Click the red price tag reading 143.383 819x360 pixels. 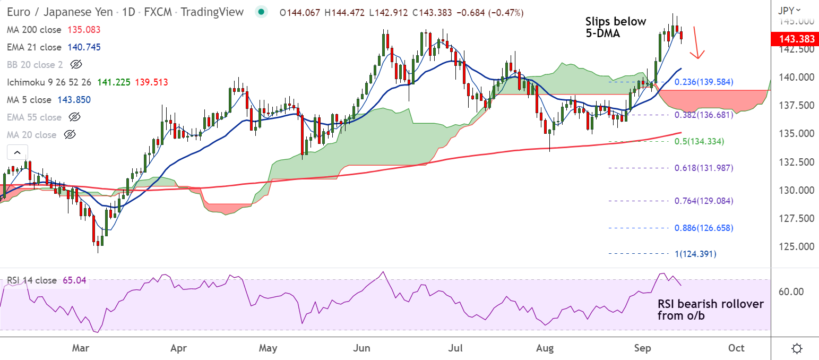click(794, 39)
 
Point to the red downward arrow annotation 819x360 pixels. click(697, 43)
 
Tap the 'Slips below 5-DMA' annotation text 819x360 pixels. click(616, 28)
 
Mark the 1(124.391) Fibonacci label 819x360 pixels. click(695, 254)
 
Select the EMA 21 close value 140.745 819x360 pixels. click(84, 47)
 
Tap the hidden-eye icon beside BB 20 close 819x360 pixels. click(76, 65)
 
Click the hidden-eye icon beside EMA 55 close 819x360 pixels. click(75, 117)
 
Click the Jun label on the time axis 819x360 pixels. click(361, 348)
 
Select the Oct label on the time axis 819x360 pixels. click(736, 348)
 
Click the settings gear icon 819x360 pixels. click(796, 349)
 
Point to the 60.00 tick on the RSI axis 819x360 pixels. click(790, 292)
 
